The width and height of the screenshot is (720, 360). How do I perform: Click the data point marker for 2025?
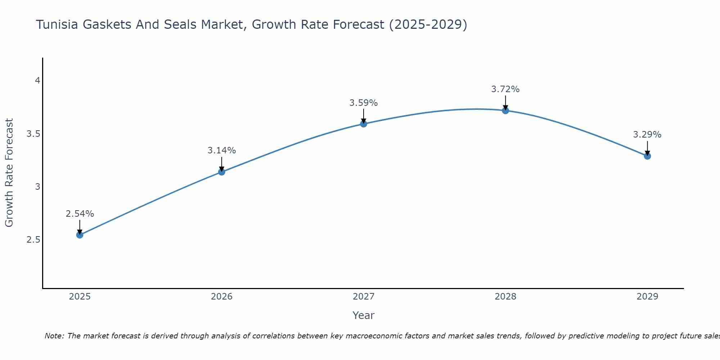pos(80,235)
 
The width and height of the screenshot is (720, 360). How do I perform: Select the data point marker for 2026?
pos(222,172)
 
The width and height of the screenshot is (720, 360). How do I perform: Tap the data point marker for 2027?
pos(364,124)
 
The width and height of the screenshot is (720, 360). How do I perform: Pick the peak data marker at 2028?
pos(505,111)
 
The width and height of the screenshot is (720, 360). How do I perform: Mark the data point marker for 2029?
pos(647,156)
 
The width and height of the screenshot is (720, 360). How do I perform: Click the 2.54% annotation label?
pos(80,214)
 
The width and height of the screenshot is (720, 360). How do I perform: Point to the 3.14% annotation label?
pos(222,150)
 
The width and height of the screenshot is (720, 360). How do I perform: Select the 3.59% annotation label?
pos(364,103)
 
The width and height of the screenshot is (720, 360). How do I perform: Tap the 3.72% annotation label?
pos(505,89)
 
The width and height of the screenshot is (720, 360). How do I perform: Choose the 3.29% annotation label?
pos(647,135)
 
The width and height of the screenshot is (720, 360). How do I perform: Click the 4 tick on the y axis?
pos(37,81)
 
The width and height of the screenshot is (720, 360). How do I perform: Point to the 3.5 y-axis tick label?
pos(33,134)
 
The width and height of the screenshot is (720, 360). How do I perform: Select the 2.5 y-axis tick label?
pos(33,240)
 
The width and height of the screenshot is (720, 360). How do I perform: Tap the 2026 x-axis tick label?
pos(222,297)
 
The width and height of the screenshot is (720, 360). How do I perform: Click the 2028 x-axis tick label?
pos(505,297)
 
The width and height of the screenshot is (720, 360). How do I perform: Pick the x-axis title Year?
pos(364,315)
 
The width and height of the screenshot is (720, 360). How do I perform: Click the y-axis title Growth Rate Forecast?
pos(9,173)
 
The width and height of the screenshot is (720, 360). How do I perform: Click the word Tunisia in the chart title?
pos(58,24)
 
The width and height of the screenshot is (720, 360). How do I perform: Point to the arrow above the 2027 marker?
pos(364,116)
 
